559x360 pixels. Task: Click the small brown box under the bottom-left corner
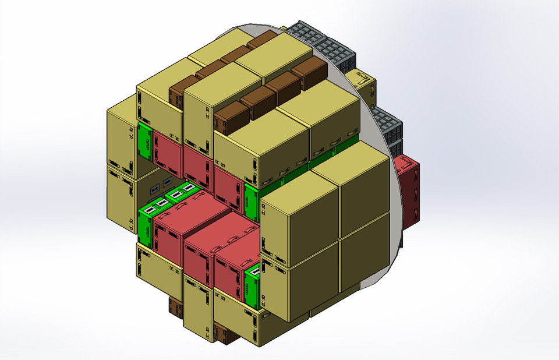point(175,306)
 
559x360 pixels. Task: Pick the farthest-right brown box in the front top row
point(309,74)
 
